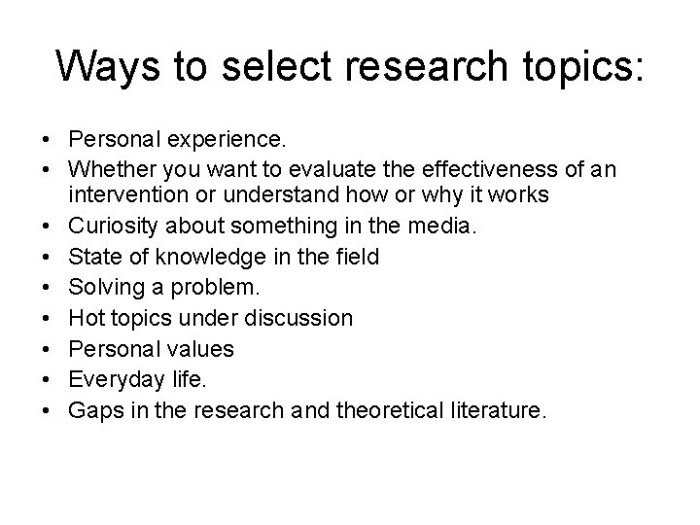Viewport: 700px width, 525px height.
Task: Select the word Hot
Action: pyautogui.click(x=85, y=316)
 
